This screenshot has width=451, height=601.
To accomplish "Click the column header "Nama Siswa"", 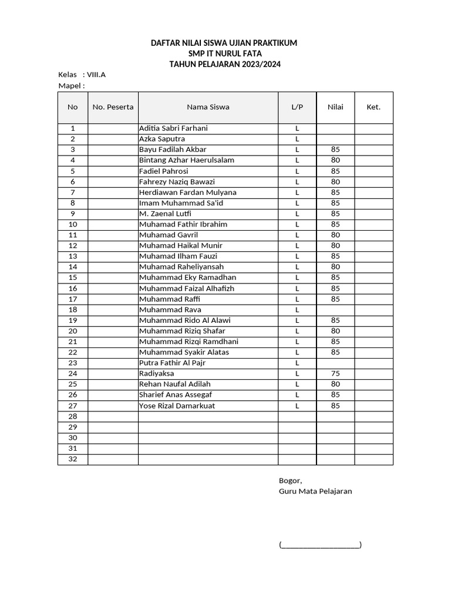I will [x=208, y=107].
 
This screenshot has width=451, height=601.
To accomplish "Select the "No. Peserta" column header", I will [x=113, y=107].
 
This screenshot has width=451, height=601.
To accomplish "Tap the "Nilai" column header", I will [x=335, y=107].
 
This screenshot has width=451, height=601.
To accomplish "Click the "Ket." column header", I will [x=373, y=107].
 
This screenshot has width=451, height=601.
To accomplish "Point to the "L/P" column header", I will [x=297, y=107].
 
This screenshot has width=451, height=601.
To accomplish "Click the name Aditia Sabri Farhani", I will [x=173, y=128].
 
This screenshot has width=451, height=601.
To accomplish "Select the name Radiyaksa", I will [x=156, y=373].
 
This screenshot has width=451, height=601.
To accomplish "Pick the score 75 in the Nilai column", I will [x=335, y=373].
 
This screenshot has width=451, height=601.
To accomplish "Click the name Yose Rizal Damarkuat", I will [x=177, y=406].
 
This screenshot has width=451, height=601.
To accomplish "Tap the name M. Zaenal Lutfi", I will [x=165, y=214].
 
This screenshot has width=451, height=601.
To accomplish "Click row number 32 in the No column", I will [x=73, y=459].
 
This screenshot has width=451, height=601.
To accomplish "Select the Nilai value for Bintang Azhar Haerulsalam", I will [x=335, y=160].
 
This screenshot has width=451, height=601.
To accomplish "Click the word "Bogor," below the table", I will [x=290, y=480].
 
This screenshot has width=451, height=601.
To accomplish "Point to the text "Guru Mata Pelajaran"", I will [x=315, y=491].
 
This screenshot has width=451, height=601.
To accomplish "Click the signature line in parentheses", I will [x=320, y=545].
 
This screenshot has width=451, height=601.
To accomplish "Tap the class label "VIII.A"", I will [x=96, y=75].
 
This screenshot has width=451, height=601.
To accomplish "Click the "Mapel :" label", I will [x=72, y=86].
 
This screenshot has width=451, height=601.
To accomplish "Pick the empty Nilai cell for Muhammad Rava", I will [x=335, y=309].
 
